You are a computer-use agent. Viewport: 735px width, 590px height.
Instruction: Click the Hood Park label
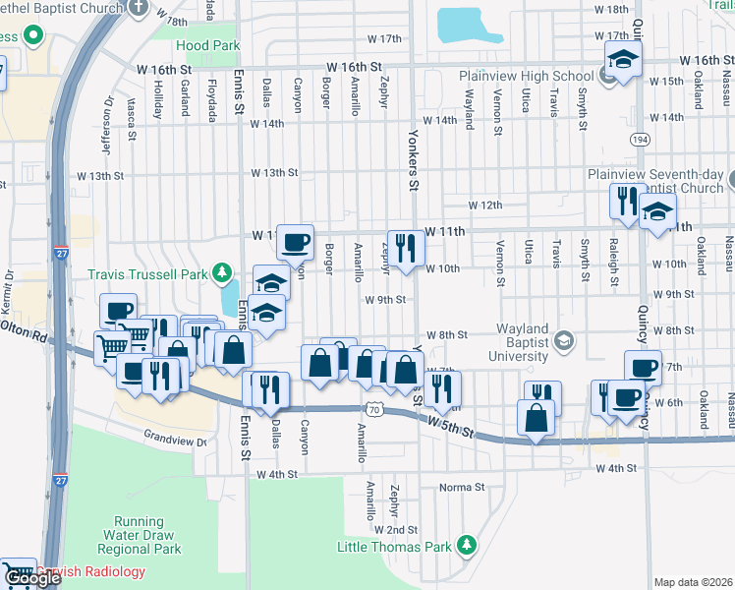[207, 45]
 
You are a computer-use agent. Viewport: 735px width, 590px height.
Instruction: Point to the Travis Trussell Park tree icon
[224, 272]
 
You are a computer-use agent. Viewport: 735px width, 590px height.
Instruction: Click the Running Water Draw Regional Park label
[146, 535]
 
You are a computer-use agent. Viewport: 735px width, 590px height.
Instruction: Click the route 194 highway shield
[640, 141]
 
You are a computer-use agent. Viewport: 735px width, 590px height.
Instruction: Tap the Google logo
[32, 578]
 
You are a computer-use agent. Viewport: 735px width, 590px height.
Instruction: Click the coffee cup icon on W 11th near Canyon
[295, 241]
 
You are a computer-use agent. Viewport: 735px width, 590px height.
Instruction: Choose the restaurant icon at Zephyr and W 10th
[403, 247]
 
